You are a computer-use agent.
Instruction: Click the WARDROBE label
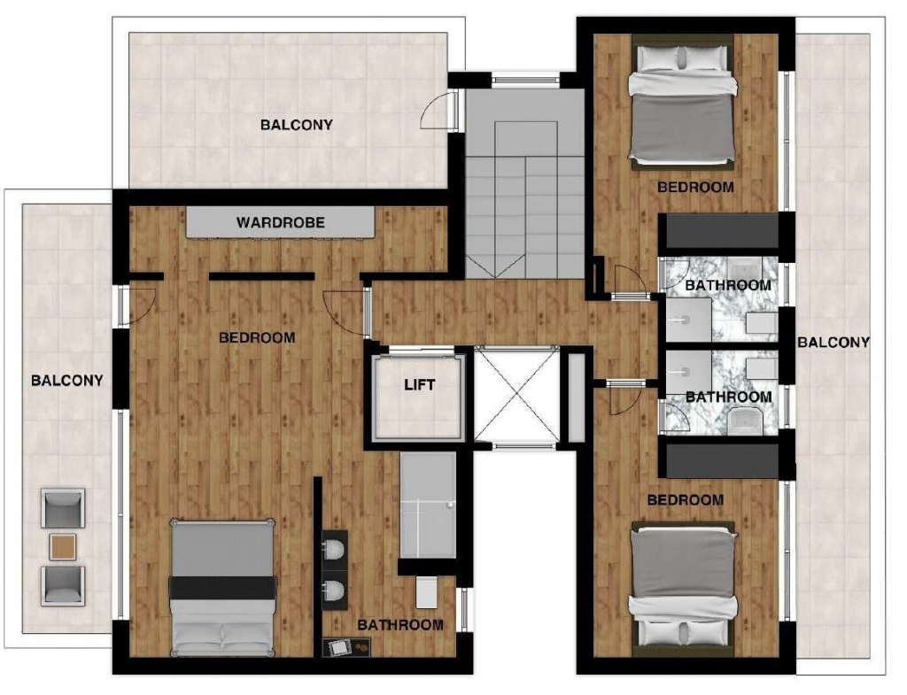280,222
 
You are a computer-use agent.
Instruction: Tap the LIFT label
419,384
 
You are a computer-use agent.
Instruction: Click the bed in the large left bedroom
222,588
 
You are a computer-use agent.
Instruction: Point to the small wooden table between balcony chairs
63,546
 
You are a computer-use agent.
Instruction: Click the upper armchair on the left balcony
63,508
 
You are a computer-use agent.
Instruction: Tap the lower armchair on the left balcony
63,585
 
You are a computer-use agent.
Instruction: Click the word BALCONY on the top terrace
296,125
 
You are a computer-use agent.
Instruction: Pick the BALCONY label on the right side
833,343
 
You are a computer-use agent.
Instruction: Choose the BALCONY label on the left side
67,381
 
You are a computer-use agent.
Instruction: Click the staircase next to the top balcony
524,184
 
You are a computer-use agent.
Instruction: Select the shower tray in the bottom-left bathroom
428,505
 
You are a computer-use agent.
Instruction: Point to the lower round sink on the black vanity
334,591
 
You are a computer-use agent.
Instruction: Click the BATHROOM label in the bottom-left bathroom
400,625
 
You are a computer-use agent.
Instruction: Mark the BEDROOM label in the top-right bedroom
695,188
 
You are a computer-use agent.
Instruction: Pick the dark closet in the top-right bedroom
719,231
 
